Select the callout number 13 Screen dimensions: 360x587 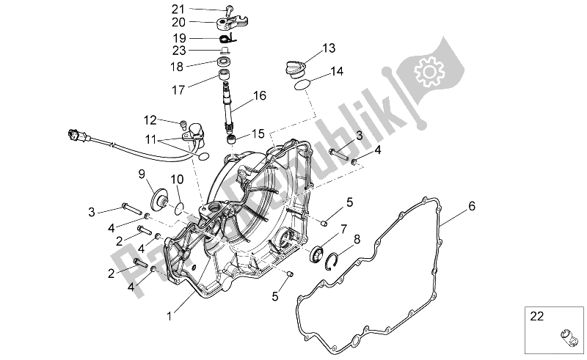pyautogui.click(x=328, y=48)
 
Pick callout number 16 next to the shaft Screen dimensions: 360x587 pyautogui.click(x=260, y=95)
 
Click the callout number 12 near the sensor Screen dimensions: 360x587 pyautogui.click(x=150, y=120)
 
